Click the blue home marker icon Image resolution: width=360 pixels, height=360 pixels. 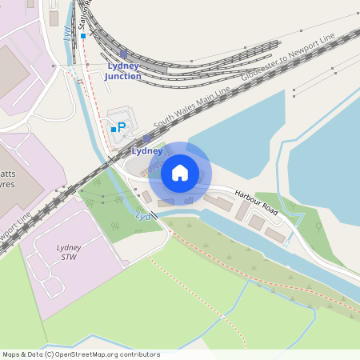pyautogui.click(x=180, y=173)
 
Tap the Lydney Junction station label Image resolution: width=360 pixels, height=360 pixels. pyautogui.click(x=122, y=71)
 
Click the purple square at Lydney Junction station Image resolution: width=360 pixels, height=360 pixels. pyautogui.click(x=123, y=53)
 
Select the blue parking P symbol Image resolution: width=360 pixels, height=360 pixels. pyautogui.click(x=122, y=127)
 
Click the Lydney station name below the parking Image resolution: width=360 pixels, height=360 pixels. pyautogui.click(x=146, y=150)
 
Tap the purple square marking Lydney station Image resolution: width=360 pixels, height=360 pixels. pyautogui.click(x=146, y=138)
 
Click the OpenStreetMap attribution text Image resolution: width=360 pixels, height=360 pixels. pyautogui.click(x=81, y=354)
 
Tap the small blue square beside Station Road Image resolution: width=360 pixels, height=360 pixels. pyautogui.click(x=82, y=36)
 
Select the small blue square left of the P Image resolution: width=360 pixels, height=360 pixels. pyautogui.click(x=113, y=128)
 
